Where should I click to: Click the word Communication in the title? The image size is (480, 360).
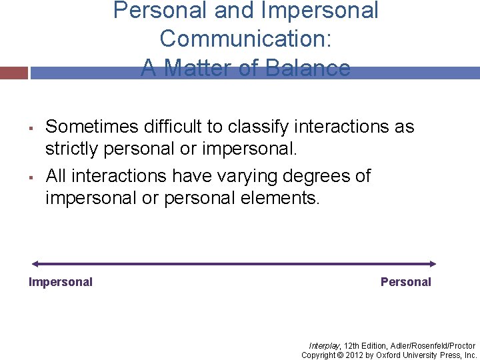click(245, 39)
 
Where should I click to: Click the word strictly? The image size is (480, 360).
click(71, 148)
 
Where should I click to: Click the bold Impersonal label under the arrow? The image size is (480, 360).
click(61, 282)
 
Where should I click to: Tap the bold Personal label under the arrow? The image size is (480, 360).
click(405, 282)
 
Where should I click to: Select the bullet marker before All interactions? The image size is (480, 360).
click(31, 177)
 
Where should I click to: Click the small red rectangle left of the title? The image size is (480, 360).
click(14, 73)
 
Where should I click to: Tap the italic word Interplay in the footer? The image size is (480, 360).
click(324, 345)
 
